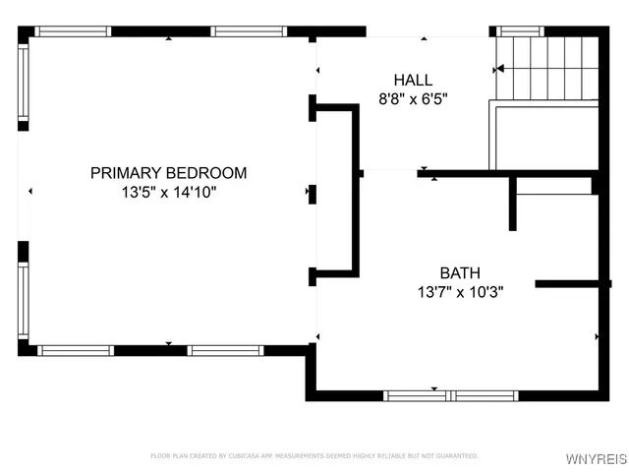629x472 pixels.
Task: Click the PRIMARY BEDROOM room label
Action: tap(168, 173)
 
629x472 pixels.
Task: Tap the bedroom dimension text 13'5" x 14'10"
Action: tap(168, 193)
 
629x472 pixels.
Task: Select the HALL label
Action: tap(413, 80)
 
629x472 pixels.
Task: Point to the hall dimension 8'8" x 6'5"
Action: tap(413, 98)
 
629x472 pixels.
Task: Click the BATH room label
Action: tap(460, 272)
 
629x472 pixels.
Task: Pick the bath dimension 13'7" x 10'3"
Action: tap(460, 292)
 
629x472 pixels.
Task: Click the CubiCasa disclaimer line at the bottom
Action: tap(314, 455)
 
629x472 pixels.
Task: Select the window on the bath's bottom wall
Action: tap(450, 395)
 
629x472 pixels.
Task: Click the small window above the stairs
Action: tap(519, 31)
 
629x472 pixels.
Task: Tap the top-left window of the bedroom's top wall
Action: tap(74, 31)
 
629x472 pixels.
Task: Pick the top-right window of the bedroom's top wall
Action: tap(249, 31)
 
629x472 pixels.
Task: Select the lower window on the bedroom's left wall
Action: tap(24, 301)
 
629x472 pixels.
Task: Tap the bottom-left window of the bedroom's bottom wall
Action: tap(76, 350)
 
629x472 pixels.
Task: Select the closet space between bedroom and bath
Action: tap(334, 192)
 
